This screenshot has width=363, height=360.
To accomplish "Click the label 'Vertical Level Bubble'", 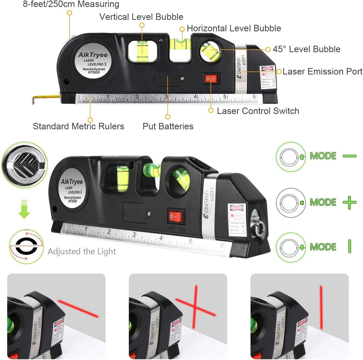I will pyautogui.click(x=141, y=17).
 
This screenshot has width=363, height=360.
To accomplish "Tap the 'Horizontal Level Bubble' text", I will pyautogui.click(x=234, y=28).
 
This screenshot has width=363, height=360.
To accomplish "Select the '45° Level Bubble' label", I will pyautogui.click(x=306, y=49).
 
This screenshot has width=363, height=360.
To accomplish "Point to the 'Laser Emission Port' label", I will pyautogui.click(x=322, y=72).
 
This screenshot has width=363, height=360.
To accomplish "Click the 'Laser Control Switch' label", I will pyautogui.click(x=258, y=111).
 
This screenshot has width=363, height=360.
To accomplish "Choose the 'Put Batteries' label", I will pyautogui.click(x=168, y=126).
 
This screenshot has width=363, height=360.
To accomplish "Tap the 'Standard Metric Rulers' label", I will pyautogui.click(x=78, y=126).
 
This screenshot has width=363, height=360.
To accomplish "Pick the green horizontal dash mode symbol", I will pyautogui.click(x=350, y=156).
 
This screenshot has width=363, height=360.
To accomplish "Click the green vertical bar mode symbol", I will pyautogui.click(x=350, y=246).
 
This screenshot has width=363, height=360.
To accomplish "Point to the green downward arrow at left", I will pyautogui.click(x=24, y=209).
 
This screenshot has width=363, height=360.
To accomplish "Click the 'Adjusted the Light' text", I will pyautogui.click(x=82, y=252).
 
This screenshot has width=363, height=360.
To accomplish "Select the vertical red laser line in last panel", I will pyautogui.click(x=321, y=307).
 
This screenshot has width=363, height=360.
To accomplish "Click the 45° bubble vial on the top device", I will pyautogui.click(x=211, y=51).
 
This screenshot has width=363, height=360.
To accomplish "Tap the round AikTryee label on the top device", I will pyautogui.click(x=94, y=63).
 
